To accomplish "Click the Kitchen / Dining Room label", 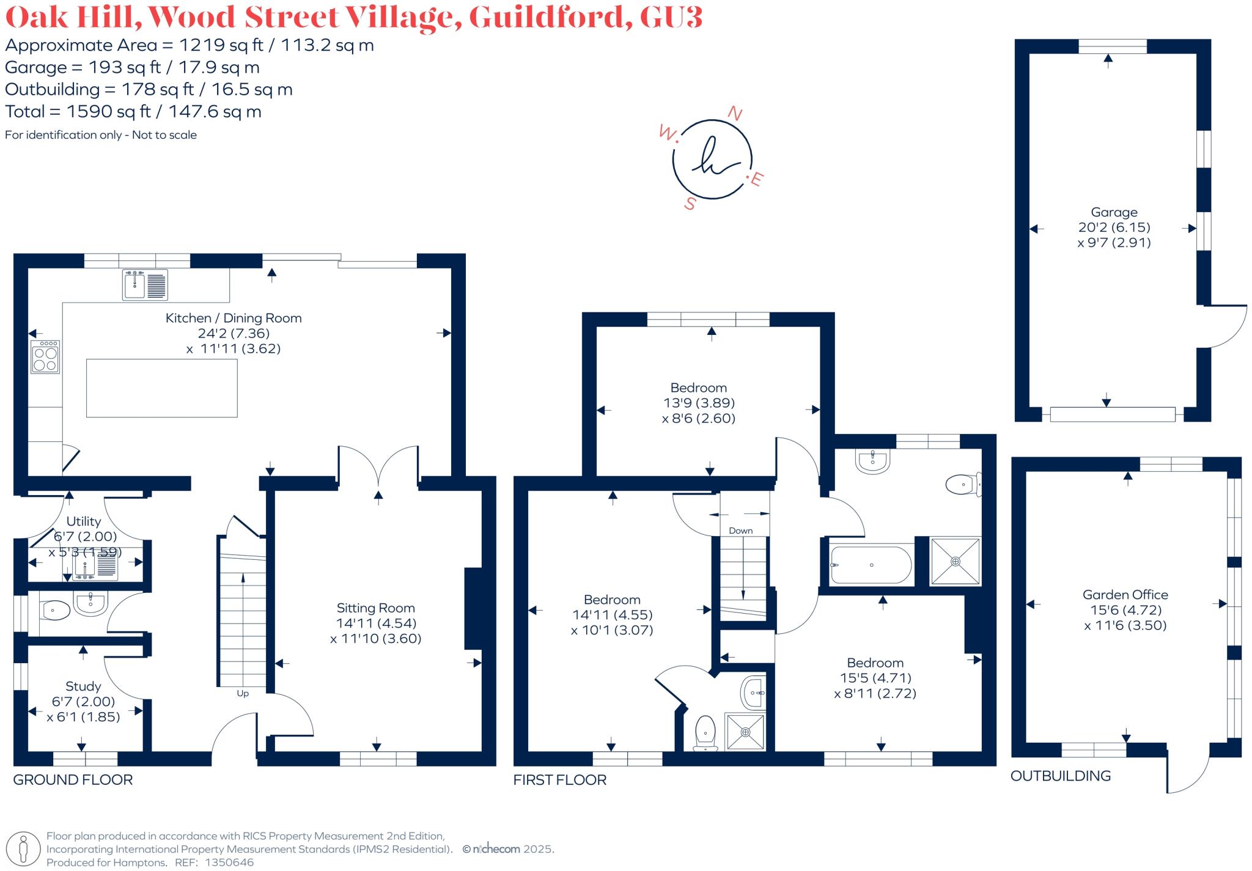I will pos(234,318).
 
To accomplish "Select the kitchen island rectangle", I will pos(161,388).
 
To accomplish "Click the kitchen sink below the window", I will pos(145,285).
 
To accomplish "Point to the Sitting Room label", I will pos(375,608).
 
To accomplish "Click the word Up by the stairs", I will pos(243,694).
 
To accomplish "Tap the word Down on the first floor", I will pos(740,531).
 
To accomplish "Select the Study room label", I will pos(83,686).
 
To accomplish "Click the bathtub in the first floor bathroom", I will pos(871,565).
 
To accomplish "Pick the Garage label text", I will pos(1114,212).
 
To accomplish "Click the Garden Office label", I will pos(1125,595).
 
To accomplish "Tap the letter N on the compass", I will pos(735,114).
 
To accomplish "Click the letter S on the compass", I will pos(690,204).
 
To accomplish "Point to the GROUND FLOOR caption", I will pos(73,780).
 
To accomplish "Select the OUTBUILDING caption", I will pos(1060,776).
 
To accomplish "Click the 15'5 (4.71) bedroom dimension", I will pos(875,678).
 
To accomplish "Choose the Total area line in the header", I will pos(133,112).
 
